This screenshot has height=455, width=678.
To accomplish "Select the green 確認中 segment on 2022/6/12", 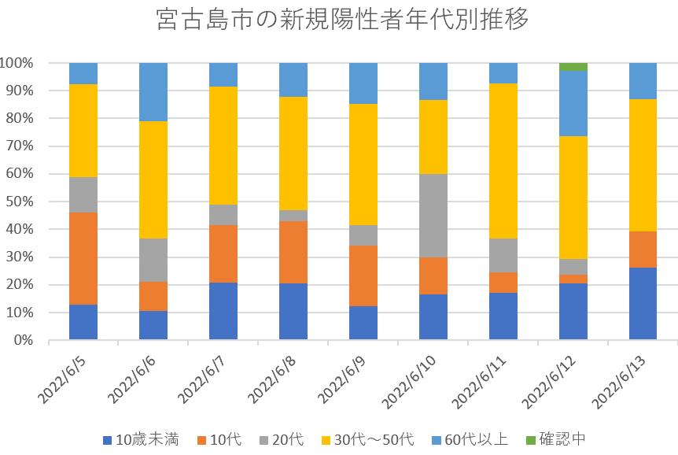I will coord(573,66).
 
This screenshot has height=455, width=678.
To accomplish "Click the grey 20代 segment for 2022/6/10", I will coord(433,216).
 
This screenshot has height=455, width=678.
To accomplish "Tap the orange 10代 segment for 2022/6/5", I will coord(83,258).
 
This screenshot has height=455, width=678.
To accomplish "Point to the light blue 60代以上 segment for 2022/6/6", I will coord(153,91).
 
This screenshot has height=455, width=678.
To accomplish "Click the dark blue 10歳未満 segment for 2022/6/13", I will coord(643,304).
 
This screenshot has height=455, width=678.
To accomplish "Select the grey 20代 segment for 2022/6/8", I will coord(293,216).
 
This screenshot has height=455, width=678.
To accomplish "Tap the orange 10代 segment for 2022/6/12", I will coord(573,279).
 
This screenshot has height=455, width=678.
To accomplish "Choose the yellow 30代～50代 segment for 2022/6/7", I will coord(223,146).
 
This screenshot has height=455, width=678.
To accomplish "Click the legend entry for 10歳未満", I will coord(142,439).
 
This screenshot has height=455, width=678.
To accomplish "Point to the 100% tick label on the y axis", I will coord(17,63).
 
